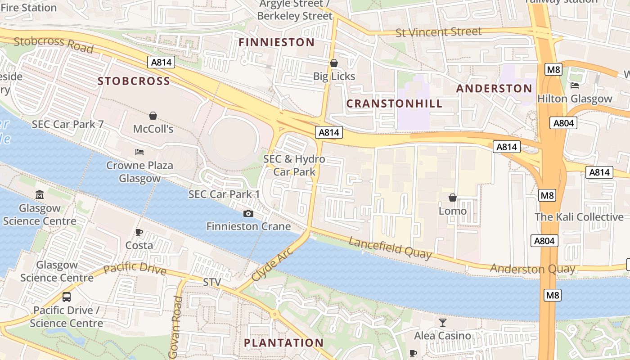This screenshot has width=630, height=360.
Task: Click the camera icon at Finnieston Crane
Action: tap(248, 213)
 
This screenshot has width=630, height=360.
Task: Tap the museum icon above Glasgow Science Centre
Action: tap(40, 195)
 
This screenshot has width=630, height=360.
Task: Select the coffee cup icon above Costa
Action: tap(139, 232)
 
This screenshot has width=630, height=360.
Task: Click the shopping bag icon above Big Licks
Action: tap(334, 63)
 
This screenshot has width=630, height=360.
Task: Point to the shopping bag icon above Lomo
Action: tap(453, 198)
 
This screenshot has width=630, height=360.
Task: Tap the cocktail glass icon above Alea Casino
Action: tap(443, 322)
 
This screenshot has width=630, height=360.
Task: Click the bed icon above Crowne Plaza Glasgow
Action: tap(139, 152)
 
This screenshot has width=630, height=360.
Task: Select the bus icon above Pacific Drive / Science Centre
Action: tap(67, 297)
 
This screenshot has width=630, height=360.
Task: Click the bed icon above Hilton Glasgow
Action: tap(575, 85)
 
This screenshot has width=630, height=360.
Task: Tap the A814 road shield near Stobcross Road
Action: tap(161, 62)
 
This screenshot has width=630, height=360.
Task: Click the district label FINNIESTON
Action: tap(276, 42)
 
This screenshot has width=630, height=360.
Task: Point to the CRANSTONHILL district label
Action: tap(394, 103)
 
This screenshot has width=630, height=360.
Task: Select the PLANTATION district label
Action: tap(283, 343)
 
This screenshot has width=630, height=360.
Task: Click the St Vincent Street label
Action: tap(438, 32)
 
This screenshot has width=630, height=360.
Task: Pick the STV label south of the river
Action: tap(212, 282)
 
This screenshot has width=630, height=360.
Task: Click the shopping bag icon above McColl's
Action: tap(153, 116)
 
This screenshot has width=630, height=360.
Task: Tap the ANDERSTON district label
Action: tap(494, 88)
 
